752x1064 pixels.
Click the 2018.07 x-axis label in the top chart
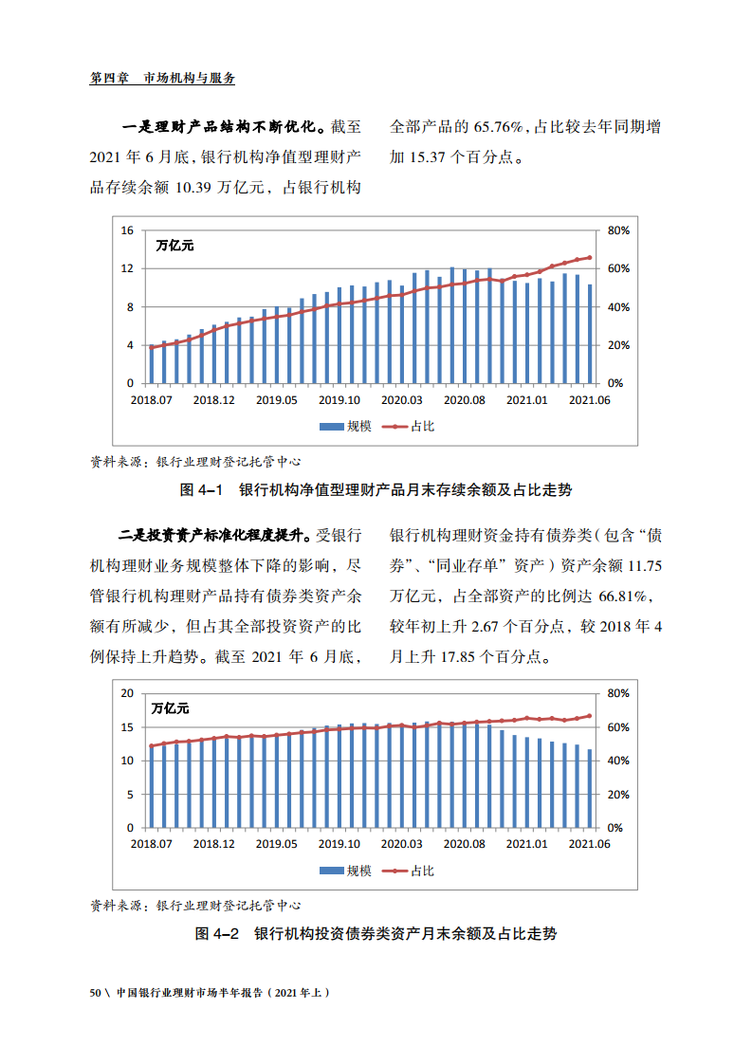(152, 400)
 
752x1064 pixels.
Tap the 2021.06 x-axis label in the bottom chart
(589, 843)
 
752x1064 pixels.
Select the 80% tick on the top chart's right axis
(618, 230)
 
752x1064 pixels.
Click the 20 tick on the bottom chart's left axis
(127, 693)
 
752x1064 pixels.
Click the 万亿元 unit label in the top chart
(174, 246)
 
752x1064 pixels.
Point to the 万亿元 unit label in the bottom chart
(171, 708)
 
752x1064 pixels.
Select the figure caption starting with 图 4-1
(376, 490)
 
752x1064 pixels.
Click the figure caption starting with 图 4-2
(376, 934)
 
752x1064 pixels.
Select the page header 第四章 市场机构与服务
(162, 79)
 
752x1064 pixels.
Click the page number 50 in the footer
(95, 993)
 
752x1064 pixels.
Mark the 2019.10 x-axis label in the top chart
(339, 400)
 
